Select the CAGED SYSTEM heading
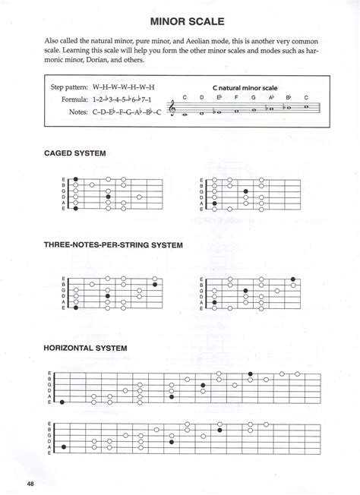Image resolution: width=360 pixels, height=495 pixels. [x=75, y=153]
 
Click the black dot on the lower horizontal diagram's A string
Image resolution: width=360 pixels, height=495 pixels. [x=65, y=447]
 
